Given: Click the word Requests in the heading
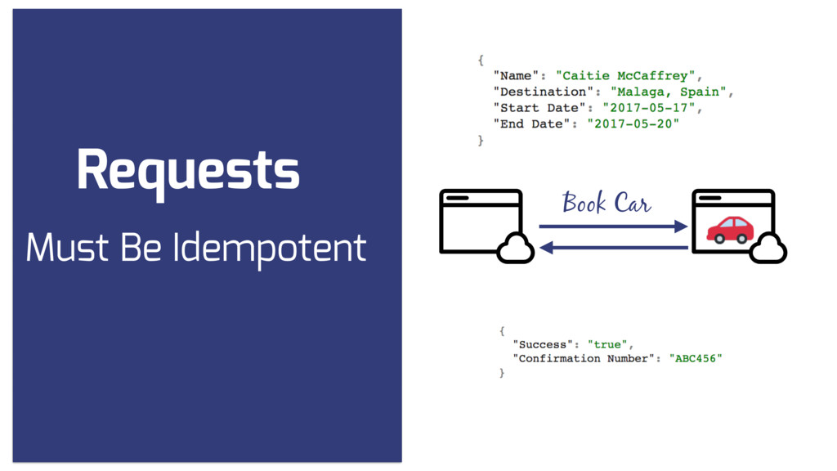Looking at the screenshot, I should click(x=188, y=171).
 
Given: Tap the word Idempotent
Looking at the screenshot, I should click(x=270, y=248).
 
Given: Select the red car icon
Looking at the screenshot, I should click(x=730, y=230).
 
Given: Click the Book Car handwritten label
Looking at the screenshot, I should click(x=606, y=203).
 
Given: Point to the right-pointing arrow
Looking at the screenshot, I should click(x=613, y=227).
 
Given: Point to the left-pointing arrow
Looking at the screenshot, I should click(x=613, y=246).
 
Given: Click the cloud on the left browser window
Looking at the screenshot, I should click(x=515, y=248).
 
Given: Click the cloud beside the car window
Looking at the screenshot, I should click(x=768, y=248).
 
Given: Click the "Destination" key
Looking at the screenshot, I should click(x=540, y=92).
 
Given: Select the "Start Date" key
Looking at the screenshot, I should click(x=536, y=108).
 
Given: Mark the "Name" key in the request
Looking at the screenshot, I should click(x=517, y=76).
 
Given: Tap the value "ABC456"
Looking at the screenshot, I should click(x=696, y=358).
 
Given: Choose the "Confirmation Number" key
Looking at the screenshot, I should click(x=584, y=358).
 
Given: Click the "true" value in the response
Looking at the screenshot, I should click(x=607, y=344).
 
